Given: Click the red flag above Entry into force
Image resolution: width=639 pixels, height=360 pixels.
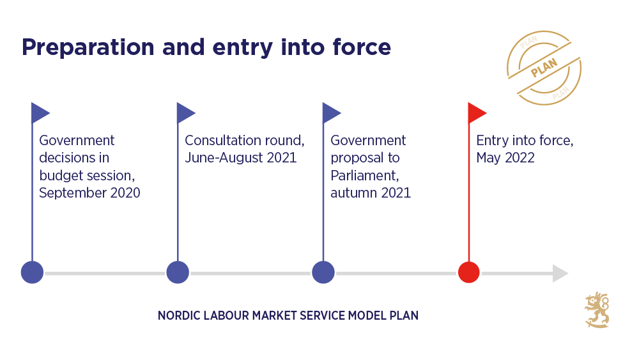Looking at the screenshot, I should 476,113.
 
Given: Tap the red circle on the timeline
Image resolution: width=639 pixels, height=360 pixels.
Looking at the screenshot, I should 469,272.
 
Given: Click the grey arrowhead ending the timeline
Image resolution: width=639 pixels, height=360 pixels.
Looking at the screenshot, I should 560,273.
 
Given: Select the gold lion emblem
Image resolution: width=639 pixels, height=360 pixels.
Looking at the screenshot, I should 597,310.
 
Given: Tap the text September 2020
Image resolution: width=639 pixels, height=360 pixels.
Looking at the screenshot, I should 89,192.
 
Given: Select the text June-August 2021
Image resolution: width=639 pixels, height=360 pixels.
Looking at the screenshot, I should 240,157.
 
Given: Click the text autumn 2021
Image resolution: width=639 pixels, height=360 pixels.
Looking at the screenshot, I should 371,192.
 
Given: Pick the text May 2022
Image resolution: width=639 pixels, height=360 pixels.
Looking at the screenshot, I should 505,157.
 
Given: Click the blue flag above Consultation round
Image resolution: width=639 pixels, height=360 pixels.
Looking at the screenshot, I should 185,113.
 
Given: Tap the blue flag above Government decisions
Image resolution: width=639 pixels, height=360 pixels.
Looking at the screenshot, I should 40,113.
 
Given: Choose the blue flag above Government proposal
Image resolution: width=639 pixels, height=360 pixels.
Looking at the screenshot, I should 331,113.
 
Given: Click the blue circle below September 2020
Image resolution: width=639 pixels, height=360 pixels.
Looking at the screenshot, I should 32,272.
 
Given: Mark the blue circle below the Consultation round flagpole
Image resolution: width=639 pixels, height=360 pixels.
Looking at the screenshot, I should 178,272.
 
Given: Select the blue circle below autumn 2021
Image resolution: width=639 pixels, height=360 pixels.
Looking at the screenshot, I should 323,272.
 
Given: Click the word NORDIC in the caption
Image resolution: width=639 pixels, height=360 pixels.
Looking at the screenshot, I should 178,316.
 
